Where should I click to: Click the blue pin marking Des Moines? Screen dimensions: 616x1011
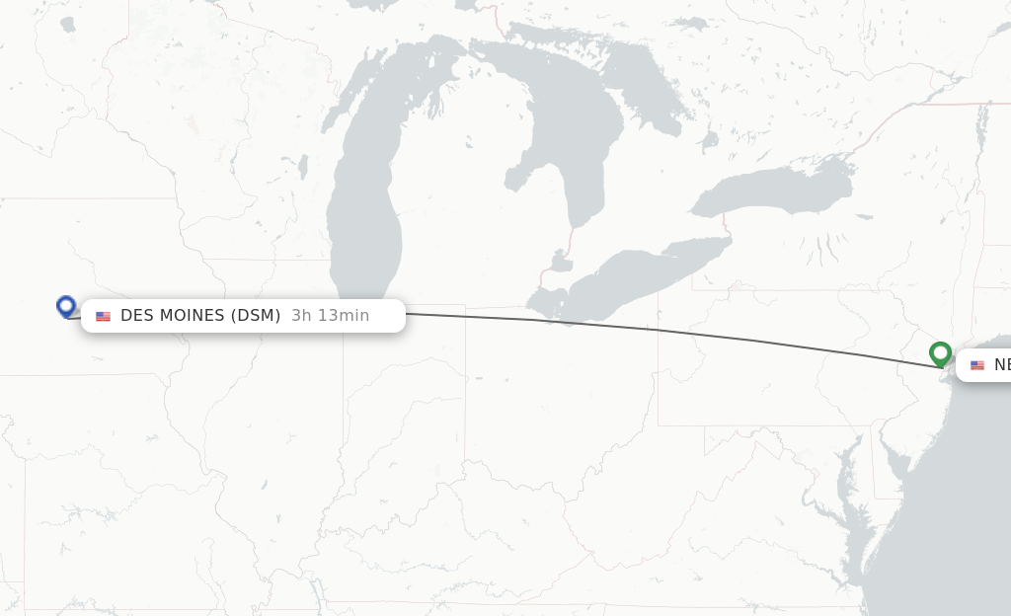coord(66,306)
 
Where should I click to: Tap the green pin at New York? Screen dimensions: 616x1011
coord(940,352)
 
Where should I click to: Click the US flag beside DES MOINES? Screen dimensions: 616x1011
coord(103,316)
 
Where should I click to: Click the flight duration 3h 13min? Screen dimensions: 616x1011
coord(330,316)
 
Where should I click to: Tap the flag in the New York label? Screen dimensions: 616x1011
coord(977,365)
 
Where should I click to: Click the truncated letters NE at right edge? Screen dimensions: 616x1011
coord(1001,365)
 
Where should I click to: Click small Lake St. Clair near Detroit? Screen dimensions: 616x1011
coord(561,263)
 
